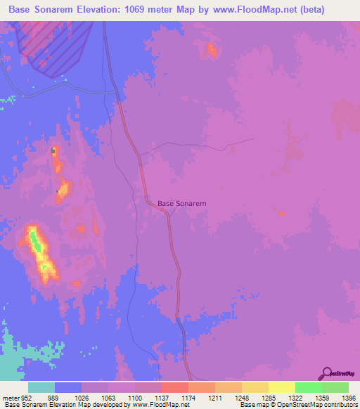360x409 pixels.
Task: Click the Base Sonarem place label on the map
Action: (181, 203)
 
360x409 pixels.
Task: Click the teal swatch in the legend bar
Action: (41, 387)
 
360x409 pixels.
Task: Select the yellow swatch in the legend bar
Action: (281, 387)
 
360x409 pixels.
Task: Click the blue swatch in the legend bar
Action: (68, 387)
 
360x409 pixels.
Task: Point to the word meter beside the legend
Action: (10, 398)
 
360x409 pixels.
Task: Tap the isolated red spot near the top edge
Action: (212, 50)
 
